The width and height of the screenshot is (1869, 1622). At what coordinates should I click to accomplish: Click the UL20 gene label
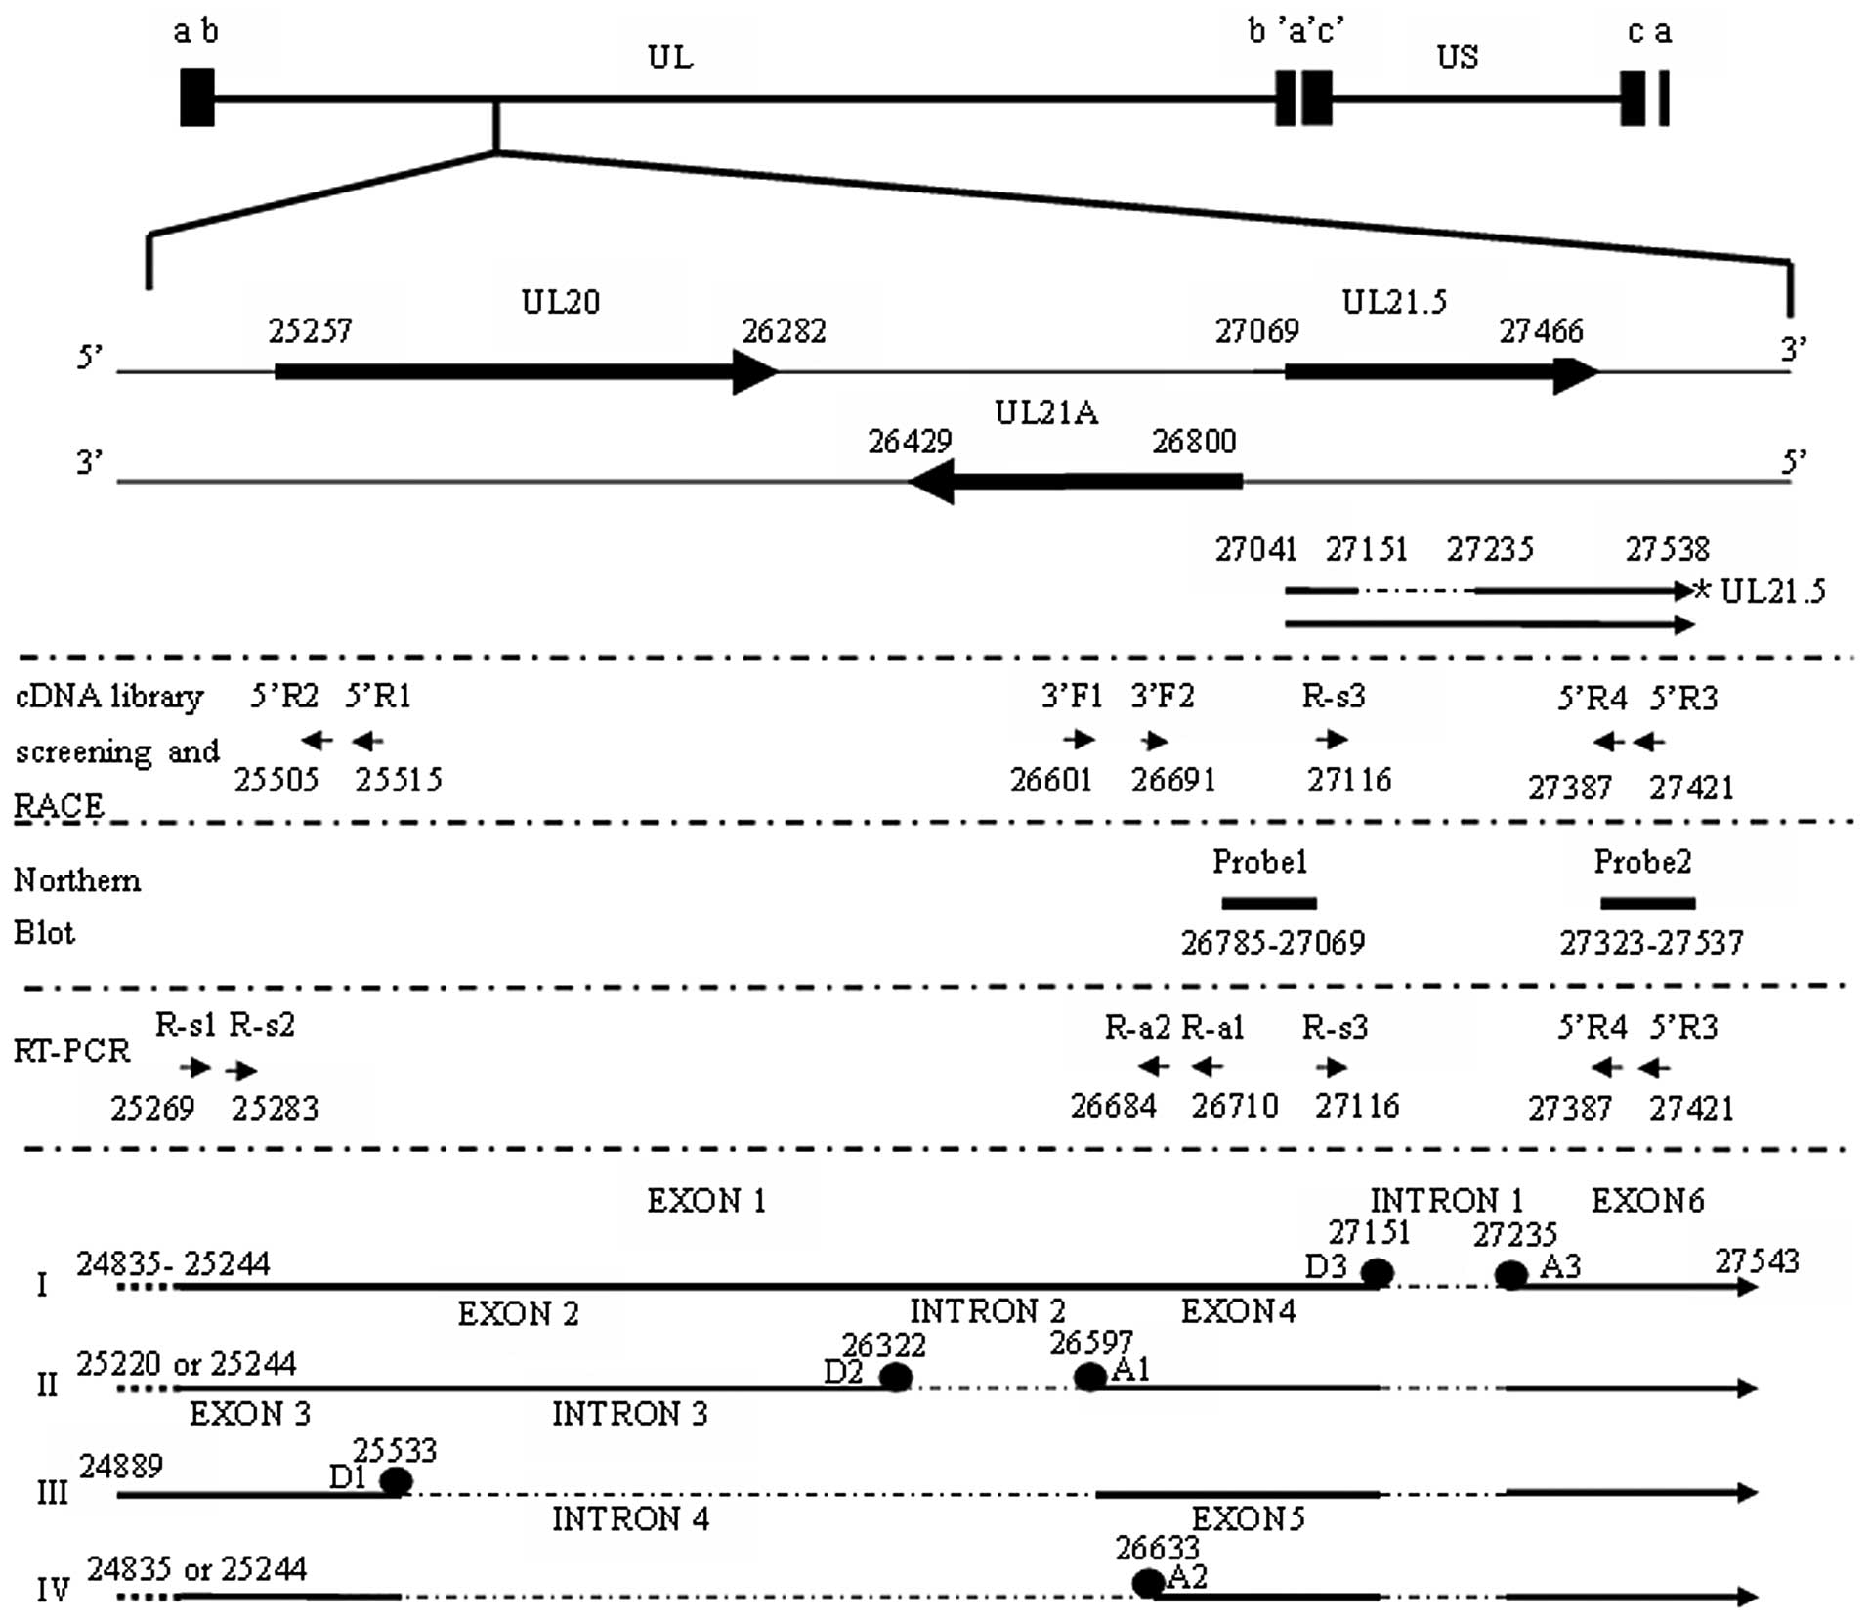pyautogui.click(x=560, y=302)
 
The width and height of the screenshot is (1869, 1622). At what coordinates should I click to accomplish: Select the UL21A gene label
pyautogui.click(x=1045, y=413)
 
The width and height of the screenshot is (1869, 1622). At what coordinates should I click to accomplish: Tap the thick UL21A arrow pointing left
pyautogui.click(x=1075, y=481)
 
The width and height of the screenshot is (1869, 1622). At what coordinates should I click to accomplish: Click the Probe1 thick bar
pyautogui.click(x=1268, y=903)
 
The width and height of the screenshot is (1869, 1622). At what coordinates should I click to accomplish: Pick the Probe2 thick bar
pyautogui.click(x=1647, y=903)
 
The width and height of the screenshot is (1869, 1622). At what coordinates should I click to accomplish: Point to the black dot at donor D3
pyautogui.click(x=1377, y=1273)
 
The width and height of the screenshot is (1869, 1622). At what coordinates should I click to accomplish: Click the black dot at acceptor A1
pyautogui.click(x=1089, y=1377)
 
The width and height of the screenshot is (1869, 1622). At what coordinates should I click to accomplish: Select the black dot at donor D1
pyautogui.click(x=395, y=1481)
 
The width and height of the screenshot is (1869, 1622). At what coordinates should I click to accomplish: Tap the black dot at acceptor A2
pyautogui.click(x=1148, y=1582)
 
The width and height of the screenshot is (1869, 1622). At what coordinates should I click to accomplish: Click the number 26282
pyautogui.click(x=784, y=331)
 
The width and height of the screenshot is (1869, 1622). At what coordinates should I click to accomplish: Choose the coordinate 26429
pyautogui.click(x=910, y=442)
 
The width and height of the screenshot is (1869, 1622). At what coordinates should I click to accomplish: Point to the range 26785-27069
pyautogui.click(x=1272, y=943)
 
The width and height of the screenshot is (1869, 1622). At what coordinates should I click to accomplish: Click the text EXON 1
pyautogui.click(x=706, y=1201)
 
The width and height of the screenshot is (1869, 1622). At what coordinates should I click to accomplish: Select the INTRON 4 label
pyautogui.click(x=630, y=1519)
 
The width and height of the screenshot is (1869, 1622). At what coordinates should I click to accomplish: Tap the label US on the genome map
pyautogui.click(x=1457, y=58)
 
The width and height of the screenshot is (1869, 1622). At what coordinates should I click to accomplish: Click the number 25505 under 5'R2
pyautogui.click(x=276, y=780)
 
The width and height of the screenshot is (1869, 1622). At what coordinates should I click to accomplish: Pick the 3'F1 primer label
pyautogui.click(x=1071, y=697)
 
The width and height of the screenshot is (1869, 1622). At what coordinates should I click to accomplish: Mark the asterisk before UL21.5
pyautogui.click(x=1703, y=590)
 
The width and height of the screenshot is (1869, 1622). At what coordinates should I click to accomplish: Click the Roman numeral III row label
pyautogui.click(x=52, y=1493)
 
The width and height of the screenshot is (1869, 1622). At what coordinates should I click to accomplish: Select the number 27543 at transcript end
pyautogui.click(x=1757, y=1261)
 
